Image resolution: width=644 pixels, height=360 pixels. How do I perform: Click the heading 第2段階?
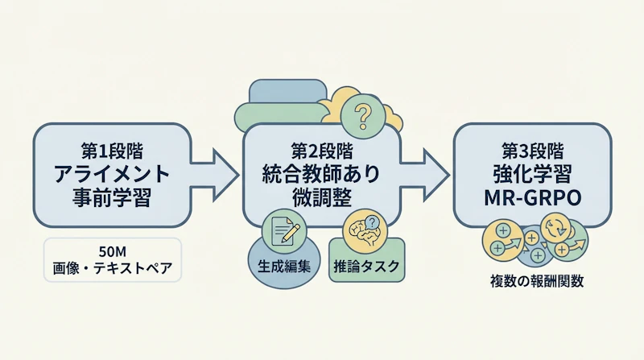[321, 150]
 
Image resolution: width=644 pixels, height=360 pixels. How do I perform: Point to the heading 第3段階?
[531, 150]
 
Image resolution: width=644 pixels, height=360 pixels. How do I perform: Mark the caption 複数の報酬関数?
[530, 281]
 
